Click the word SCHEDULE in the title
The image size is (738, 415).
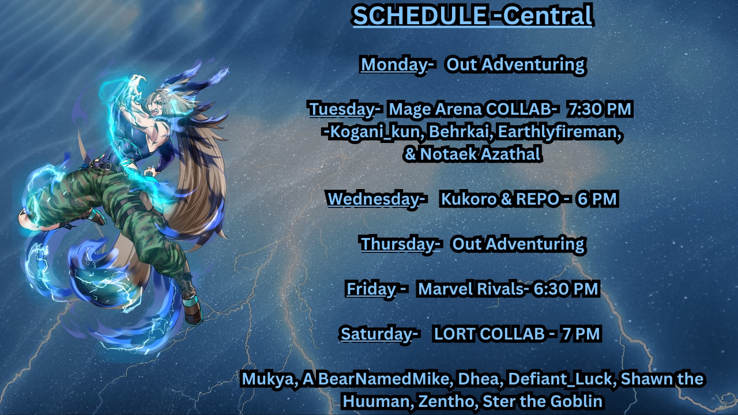420,16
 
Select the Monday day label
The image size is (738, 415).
394,65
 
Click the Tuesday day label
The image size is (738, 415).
342,110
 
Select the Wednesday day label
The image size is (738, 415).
373,199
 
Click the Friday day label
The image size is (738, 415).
371,289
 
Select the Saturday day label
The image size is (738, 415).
376,334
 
